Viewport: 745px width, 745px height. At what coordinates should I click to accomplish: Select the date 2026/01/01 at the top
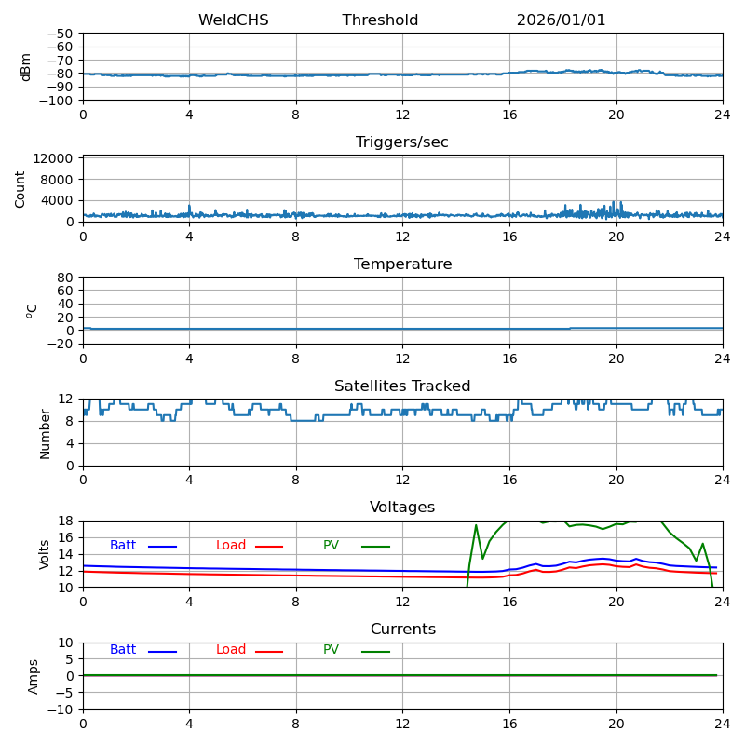click(x=561, y=20)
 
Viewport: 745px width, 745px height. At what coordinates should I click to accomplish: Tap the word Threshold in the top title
click(x=380, y=20)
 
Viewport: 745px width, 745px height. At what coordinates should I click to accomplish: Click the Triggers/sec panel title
click(x=402, y=142)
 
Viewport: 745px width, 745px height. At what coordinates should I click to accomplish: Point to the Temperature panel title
click(x=402, y=264)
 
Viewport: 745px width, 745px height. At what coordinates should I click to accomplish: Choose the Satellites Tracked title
click(x=402, y=386)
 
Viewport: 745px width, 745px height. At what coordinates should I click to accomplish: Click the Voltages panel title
click(x=402, y=508)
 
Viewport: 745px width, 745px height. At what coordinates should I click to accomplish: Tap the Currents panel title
click(x=402, y=630)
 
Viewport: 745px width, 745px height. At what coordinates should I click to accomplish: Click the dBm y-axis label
click(x=26, y=67)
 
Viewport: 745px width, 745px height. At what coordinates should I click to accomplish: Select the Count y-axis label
click(x=20, y=188)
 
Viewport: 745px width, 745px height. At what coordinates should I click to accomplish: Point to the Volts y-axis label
click(x=45, y=554)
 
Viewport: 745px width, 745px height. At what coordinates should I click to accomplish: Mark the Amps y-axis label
click(x=34, y=676)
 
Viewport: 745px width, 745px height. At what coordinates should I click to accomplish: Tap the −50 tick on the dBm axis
click(x=60, y=34)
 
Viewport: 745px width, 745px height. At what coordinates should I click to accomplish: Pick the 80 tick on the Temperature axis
click(x=65, y=278)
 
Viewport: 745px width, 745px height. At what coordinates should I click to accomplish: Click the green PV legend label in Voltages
click(x=331, y=546)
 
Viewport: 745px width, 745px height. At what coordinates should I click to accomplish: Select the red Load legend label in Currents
click(x=231, y=650)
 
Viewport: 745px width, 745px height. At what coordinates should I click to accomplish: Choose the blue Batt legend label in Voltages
click(x=123, y=546)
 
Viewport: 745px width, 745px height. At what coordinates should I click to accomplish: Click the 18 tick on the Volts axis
click(x=65, y=521)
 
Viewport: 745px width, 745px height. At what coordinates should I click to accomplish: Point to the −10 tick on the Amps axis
click(x=60, y=710)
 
